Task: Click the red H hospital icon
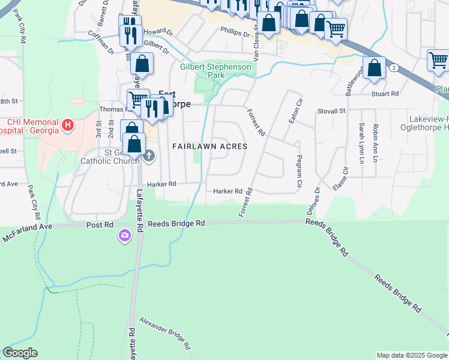coord(68,125)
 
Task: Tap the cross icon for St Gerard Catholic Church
coord(149,157)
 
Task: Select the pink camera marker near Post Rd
coord(125,236)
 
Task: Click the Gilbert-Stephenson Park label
coord(215,71)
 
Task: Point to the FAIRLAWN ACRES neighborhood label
coord(209,146)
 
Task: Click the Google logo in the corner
coord(20,353)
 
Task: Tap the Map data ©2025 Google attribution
coord(411,355)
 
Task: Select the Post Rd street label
coord(100,224)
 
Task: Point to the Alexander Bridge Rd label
coord(164,332)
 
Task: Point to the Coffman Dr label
coord(101,43)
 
